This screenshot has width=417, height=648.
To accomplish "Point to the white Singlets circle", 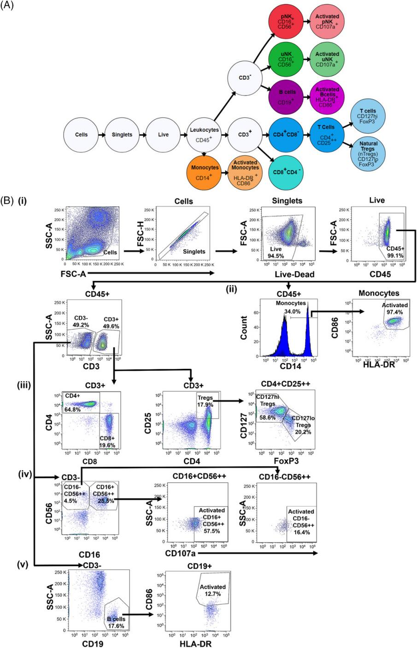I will click(x=122, y=134).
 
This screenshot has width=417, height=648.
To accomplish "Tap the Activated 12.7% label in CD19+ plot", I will click(x=213, y=590).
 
